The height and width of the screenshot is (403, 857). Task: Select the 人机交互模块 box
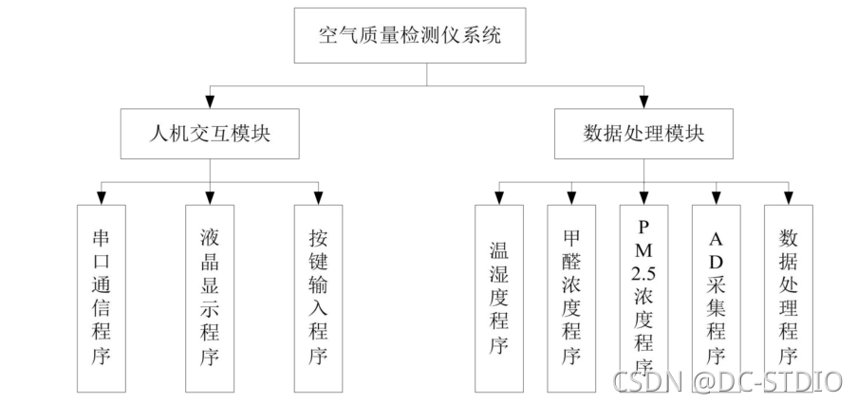(210, 133)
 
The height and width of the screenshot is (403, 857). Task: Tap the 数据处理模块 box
(643, 133)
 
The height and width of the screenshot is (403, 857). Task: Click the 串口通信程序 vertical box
(101, 297)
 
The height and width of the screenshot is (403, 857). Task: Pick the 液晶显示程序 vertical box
(210, 297)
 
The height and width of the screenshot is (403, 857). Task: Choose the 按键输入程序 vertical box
(318, 297)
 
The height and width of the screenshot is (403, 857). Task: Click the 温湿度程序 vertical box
(498, 297)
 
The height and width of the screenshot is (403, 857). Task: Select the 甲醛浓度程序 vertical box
(570, 297)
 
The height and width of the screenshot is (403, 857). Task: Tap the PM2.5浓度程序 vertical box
(643, 297)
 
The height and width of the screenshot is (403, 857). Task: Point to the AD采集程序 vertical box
(716, 297)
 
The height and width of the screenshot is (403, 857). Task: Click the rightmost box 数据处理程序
(788, 297)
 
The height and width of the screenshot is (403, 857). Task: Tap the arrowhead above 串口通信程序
(101, 196)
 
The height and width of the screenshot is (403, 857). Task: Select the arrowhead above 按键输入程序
(318, 196)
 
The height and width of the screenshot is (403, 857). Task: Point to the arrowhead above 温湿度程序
(498, 196)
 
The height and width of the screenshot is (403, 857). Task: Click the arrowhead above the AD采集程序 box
(716, 196)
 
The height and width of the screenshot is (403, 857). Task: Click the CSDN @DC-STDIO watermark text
(727, 380)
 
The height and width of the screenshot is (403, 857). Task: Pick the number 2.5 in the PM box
(643, 274)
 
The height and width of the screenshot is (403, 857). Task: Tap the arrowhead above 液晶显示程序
(210, 196)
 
